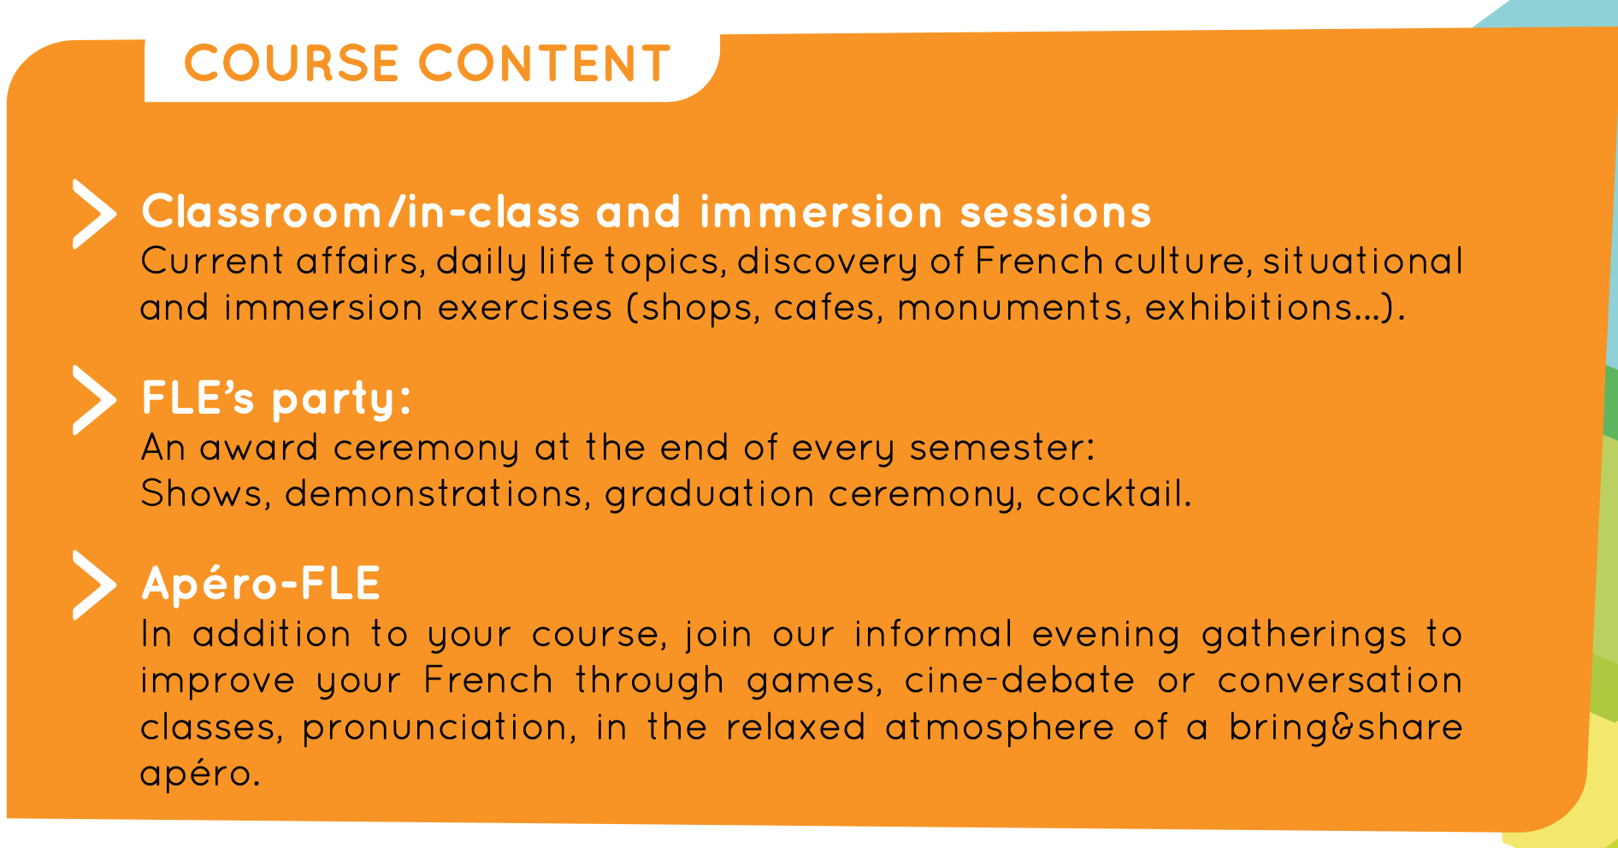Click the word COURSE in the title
pos(292,63)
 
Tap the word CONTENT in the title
pos(545,63)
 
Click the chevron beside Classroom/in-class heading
pos(94,214)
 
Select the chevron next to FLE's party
pos(94,400)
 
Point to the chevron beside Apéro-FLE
pos(94,585)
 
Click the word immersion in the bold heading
pos(820,212)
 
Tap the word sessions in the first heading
pos(1055,213)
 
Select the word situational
pos(1363,261)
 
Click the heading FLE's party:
pos(276,399)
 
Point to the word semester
pos(995,448)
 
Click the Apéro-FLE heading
pos(261,583)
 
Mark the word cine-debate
pos(1019,680)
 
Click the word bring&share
pos(1346,727)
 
